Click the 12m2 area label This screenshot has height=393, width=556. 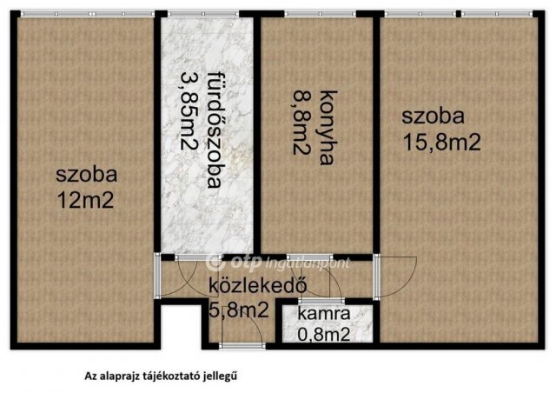point(85,200)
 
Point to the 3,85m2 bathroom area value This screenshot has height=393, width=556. point(187,113)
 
